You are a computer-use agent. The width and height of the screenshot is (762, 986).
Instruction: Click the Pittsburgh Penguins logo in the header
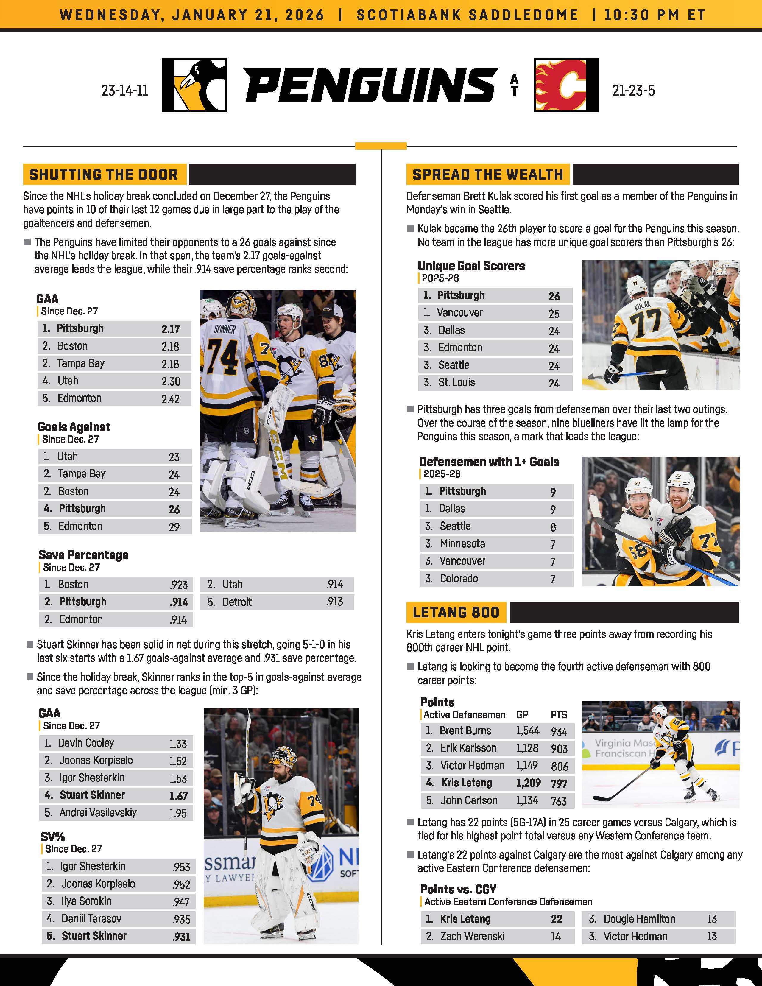[194, 85]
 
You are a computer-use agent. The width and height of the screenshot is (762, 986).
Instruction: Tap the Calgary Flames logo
[566, 85]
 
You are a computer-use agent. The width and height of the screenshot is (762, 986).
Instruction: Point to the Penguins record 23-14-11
[124, 91]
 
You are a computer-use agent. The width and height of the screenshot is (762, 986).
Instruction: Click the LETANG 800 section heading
[456, 612]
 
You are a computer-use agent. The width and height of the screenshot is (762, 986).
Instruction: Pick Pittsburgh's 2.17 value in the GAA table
[171, 329]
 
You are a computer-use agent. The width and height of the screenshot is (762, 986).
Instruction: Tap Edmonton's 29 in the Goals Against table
[174, 527]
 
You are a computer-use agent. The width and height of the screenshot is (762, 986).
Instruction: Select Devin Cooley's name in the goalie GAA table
[86, 743]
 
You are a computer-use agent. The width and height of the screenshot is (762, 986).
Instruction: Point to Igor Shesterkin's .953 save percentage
[181, 867]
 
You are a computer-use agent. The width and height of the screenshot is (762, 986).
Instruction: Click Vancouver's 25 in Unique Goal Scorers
[554, 313]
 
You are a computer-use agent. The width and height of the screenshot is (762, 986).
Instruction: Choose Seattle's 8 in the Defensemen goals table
[553, 527]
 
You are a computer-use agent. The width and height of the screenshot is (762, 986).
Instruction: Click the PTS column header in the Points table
[559, 715]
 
